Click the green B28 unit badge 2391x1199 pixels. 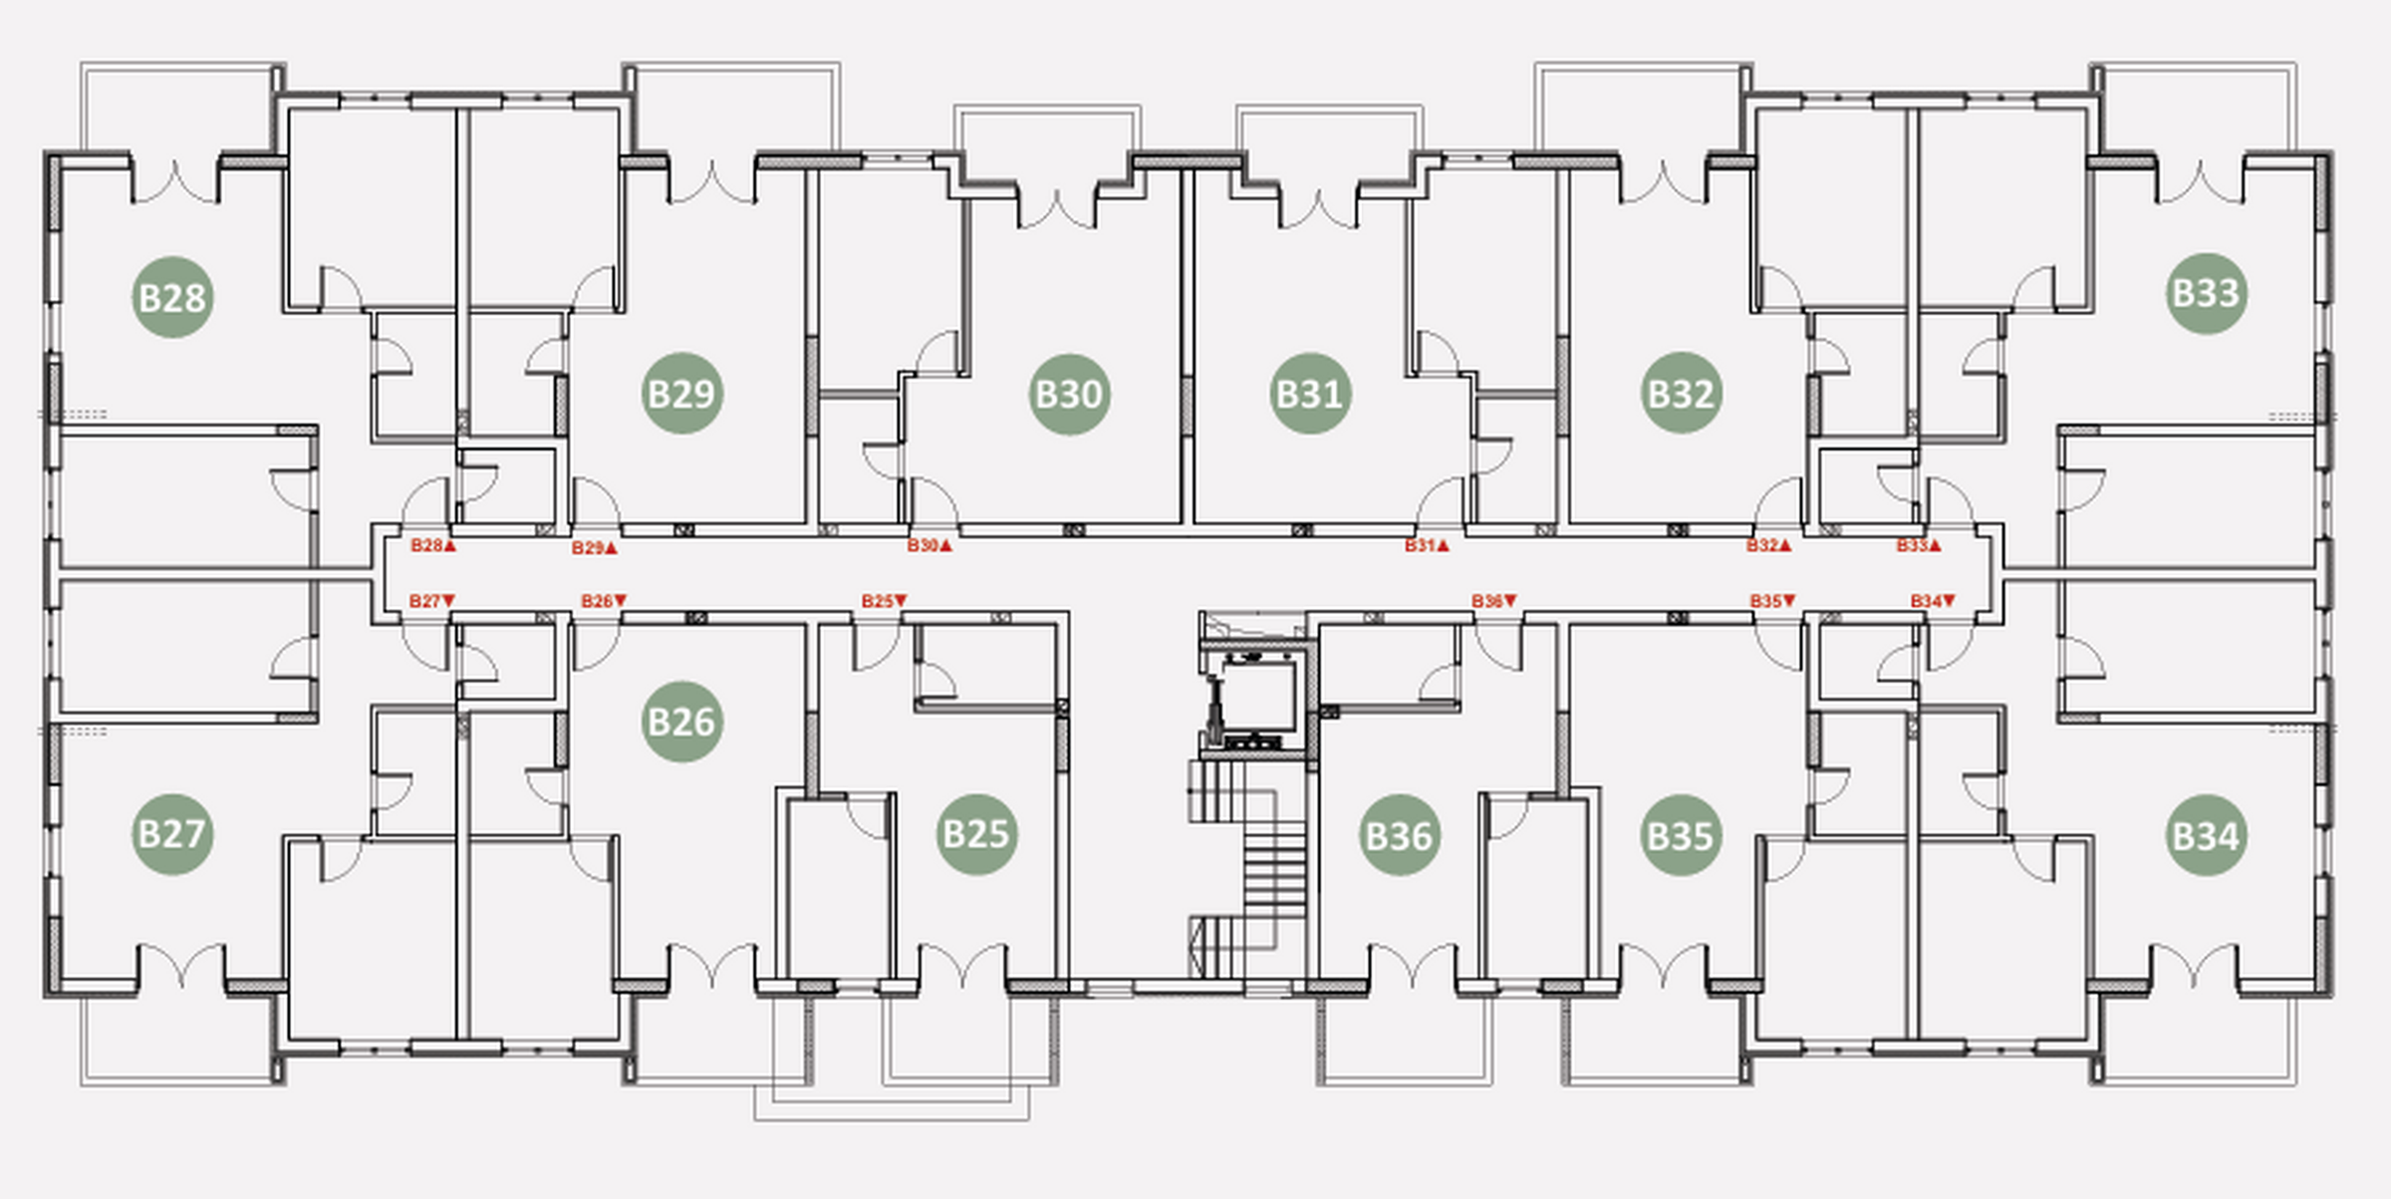[x=172, y=297]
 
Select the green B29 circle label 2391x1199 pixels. [x=681, y=393]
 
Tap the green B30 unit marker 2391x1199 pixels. [x=1069, y=394]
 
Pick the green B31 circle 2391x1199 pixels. [x=1310, y=394]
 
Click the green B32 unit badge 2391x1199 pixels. [x=1681, y=393]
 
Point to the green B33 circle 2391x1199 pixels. [x=2206, y=293]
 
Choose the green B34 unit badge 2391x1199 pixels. [x=2206, y=835]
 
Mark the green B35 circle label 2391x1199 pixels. [x=1681, y=835]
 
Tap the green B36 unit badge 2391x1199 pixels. [x=1399, y=835]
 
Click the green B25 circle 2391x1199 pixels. [x=976, y=834]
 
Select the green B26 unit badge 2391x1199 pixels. [x=681, y=722]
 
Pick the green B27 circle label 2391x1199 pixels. [x=172, y=834]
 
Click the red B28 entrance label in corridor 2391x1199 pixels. [x=433, y=546]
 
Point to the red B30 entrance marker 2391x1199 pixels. [x=930, y=546]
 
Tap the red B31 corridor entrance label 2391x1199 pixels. [x=1427, y=546]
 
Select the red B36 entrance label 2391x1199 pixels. [x=1494, y=601]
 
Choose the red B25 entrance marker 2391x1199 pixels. [x=885, y=601]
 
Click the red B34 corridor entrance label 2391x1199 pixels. [x=1933, y=601]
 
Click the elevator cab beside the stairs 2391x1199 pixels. [x=1254, y=697]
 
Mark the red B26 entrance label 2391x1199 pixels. [x=604, y=601]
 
